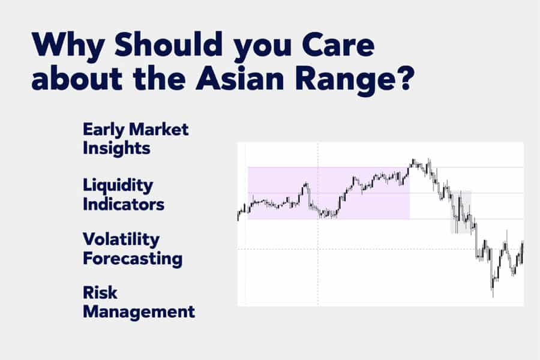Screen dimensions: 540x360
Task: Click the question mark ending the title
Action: coord(402,77)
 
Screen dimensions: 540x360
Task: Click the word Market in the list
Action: coord(158,130)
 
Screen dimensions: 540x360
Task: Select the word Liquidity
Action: coord(118,187)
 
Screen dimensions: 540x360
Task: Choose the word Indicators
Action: coord(123,204)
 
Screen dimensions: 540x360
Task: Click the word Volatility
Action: coord(121,240)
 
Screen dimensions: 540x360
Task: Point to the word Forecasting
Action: coord(133,259)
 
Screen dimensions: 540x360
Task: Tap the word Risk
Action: coord(100,293)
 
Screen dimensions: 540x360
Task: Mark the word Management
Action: coord(139,313)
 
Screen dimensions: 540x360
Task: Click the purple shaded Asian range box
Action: coord(329,193)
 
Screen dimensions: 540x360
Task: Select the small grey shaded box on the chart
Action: coord(461,212)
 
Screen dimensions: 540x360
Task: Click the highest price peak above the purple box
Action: coord(413,160)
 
